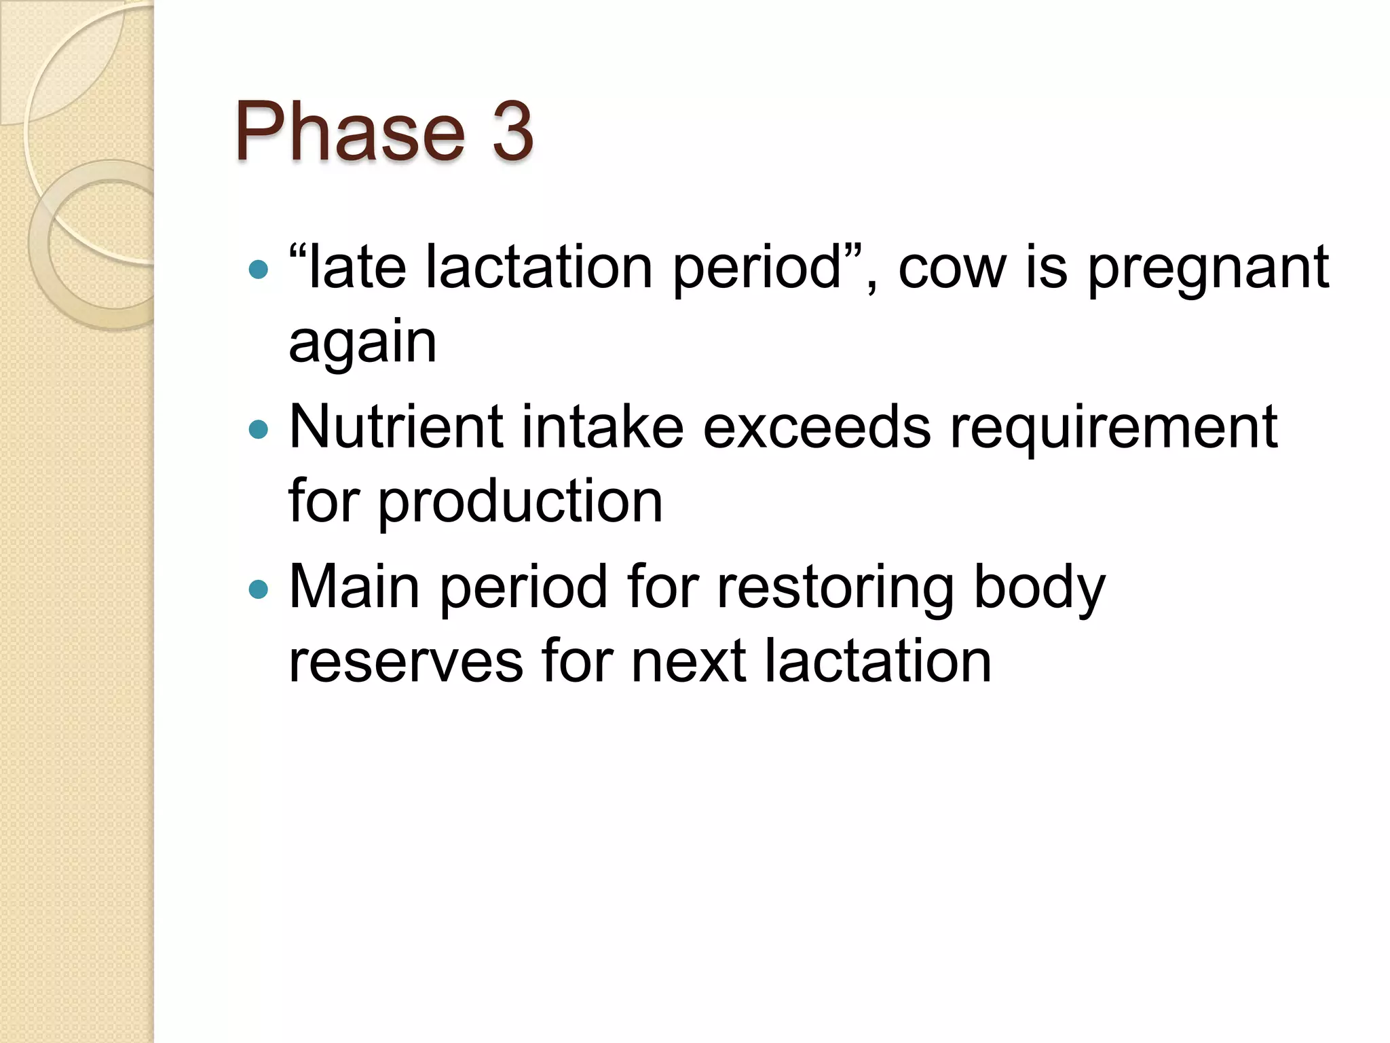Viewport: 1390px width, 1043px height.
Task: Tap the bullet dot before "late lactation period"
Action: pos(259,270)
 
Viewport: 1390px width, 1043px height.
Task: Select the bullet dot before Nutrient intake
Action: pos(259,429)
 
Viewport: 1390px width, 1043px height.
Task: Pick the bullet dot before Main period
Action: pos(259,589)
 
